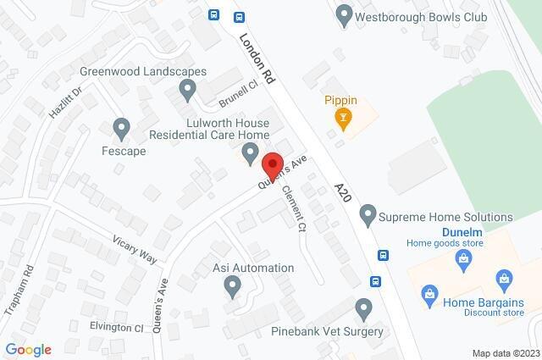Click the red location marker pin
(272, 165)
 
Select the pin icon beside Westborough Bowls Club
(343, 14)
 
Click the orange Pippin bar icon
(342, 119)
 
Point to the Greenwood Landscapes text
(142, 71)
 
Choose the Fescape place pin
(122, 129)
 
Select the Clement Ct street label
(293, 208)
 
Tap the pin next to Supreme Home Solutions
(368, 218)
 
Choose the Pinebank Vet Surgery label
(328, 331)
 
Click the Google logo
(28, 350)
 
